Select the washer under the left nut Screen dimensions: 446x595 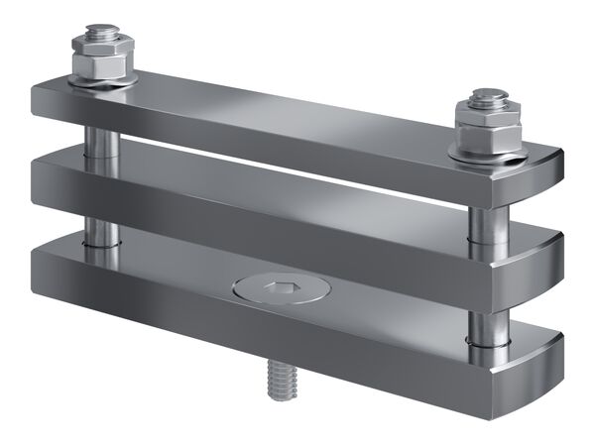102,84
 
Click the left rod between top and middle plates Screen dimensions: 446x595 102,138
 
